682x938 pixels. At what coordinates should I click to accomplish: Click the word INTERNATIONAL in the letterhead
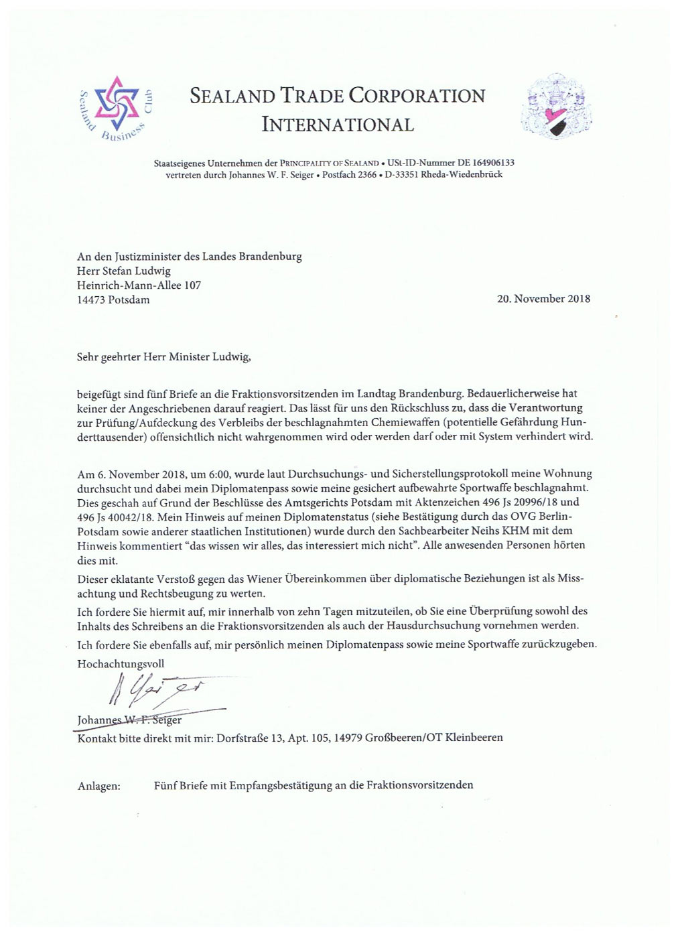[338, 125]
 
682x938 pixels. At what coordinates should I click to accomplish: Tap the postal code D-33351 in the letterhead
[401, 174]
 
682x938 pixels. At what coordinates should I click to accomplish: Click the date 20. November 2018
[543, 299]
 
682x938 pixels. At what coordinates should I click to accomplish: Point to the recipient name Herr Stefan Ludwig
[124, 271]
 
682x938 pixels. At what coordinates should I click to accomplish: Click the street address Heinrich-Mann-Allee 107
[139, 285]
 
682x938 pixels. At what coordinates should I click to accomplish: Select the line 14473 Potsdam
[113, 300]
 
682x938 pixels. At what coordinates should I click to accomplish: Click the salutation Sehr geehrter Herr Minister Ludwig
[164, 357]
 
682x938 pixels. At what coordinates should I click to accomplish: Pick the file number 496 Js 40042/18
[115, 517]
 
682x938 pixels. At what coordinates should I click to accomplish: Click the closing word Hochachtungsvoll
[121, 664]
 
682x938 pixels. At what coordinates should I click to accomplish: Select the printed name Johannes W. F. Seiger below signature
[129, 721]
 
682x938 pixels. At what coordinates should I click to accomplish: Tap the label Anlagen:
[99, 786]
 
